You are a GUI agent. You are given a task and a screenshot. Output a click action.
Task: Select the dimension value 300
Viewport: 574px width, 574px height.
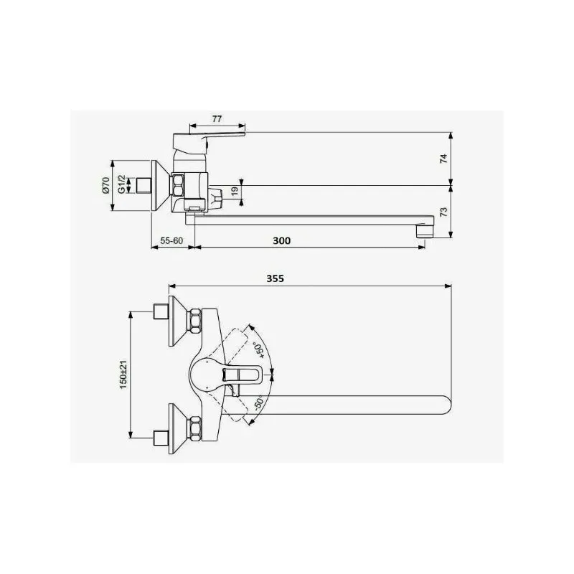pyautogui.click(x=282, y=240)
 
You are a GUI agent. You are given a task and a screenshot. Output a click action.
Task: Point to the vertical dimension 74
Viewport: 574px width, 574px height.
pyautogui.click(x=443, y=158)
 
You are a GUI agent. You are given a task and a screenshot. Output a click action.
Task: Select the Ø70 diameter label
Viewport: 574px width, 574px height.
pyautogui.click(x=105, y=186)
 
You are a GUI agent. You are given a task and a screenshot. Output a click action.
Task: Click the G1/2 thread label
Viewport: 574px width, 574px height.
pyautogui.click(x=121, y=185)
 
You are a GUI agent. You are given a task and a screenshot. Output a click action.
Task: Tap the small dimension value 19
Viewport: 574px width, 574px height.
pyautogui.click(x=235, y=191)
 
